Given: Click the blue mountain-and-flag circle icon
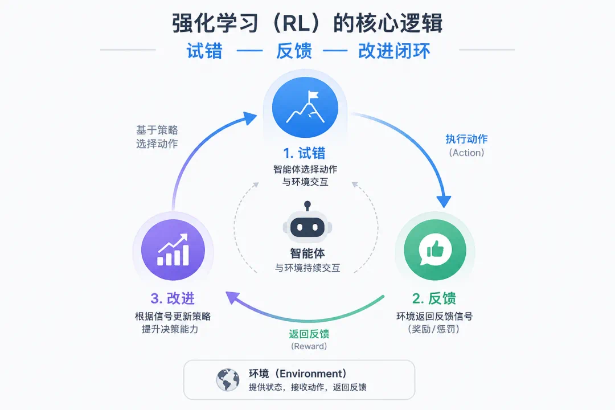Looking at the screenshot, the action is click(x=305, y=107).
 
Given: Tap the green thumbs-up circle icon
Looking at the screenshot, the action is click(x=435, y=250).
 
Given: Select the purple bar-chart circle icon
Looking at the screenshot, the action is click(x=173, y=250).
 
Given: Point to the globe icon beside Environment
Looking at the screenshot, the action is click(x=228, y=380).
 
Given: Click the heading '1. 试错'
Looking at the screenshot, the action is click(x=304, y=153).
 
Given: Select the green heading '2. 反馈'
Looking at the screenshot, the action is click(x=434, y=298).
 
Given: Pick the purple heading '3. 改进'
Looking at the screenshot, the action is click(x=173, y=298).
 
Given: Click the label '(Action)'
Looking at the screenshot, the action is click(x=466, y=153).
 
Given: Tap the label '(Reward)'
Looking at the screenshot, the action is click(x=309, y=346).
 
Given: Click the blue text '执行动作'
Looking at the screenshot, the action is click(x=466, y=139).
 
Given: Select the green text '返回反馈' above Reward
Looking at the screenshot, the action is click(x=309, y=334).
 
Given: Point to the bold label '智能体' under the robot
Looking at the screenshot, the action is click(x=307, y=253).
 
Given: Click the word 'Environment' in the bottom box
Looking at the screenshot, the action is click(x=313, y=374).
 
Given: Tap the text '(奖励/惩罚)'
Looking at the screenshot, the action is click(x=434, y=329).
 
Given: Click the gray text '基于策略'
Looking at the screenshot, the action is click(x=157, y=130).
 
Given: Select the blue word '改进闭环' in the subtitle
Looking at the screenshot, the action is click(x=394, y=51).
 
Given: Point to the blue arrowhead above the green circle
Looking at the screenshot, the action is click(x=444, y=201).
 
